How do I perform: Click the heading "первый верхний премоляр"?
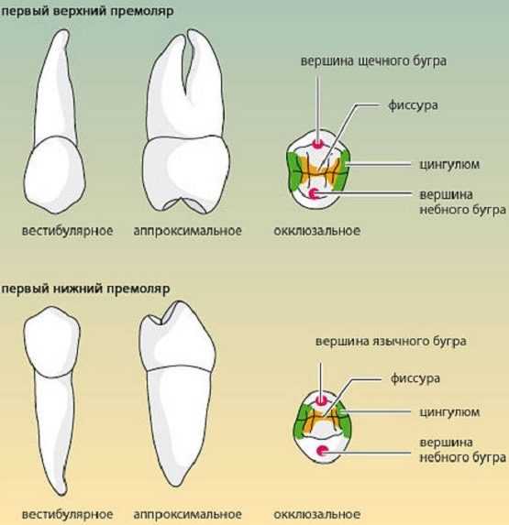coord(87,11)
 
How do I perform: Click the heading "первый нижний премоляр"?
coord(86,289)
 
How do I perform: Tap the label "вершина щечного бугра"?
coord(373,61)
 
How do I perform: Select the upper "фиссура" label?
coord(413,105)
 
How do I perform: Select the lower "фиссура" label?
coord(415,378)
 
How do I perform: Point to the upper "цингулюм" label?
coord(449,164)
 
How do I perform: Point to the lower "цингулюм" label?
coord(449,411)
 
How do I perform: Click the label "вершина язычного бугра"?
coord(391,341)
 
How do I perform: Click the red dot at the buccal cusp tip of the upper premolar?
coord(317,145)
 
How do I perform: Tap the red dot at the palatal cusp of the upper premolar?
coord(314,193)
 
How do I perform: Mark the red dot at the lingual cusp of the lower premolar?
coord(321,400)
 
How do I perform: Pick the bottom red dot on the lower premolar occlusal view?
coord(323,451)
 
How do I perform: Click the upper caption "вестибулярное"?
coord(67,231)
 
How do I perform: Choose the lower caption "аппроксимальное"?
coord(188,514)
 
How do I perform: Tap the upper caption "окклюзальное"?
coord(317,231)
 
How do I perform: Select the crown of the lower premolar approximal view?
coord(177,336)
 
